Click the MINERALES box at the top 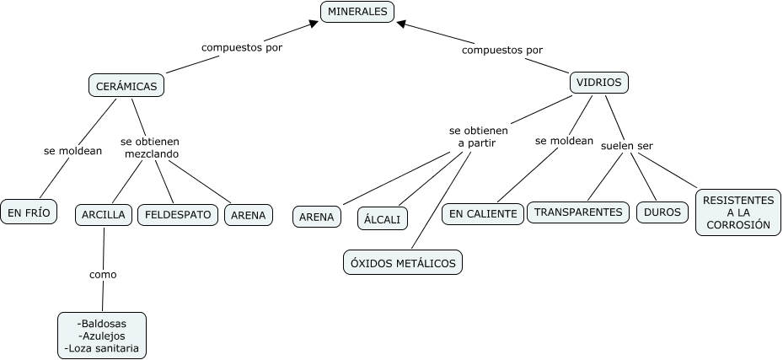(x=357, y=12)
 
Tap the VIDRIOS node (x=599, y=83)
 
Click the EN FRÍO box (x=29, y=212)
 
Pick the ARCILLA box (x=104, y=215)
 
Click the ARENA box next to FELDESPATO (x=249, y=215)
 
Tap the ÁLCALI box (x=382, y=218)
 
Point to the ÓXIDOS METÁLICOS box (x=403, y=263)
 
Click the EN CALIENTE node (x=483, y=214)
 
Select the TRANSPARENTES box (x=578, y=212)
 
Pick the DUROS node (x=662, y=212)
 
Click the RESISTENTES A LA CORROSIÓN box (x=737, y=212)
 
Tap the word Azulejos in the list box (x=101, y=336)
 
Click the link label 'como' (x=103, y=274)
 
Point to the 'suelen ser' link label (x=626, y=146)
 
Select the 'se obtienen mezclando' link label (x=150, y=148)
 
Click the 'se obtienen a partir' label (x=478, y=137)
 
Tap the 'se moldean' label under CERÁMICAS (x=72, y=151)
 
